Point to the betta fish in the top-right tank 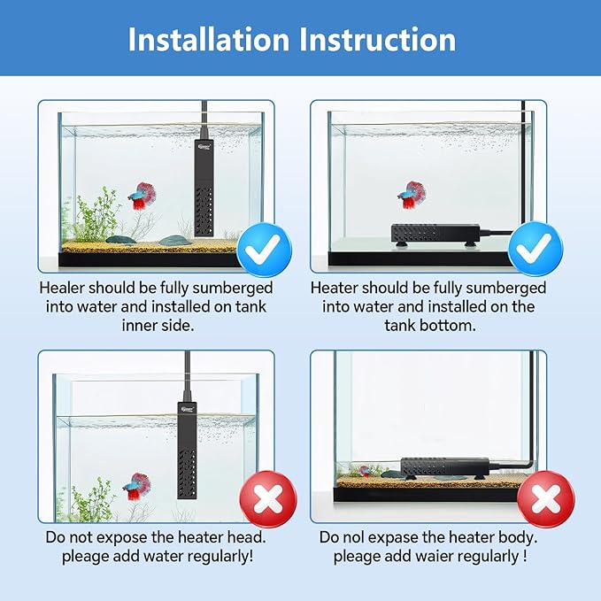coord(411,194)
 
